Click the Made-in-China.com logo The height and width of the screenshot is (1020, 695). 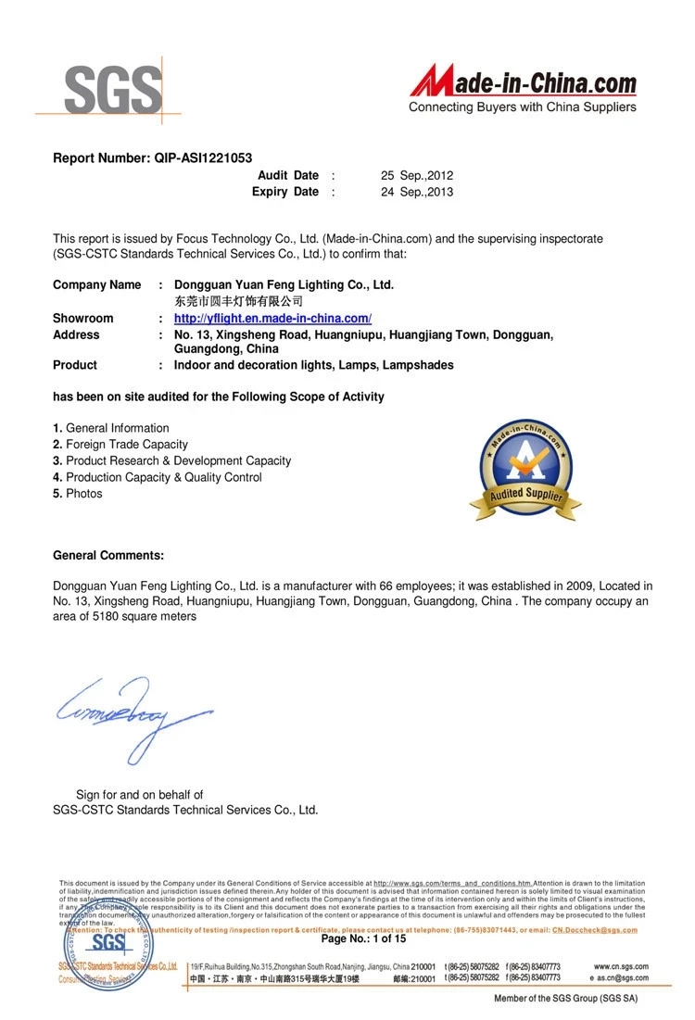pyautogui.click(x=524, y=82)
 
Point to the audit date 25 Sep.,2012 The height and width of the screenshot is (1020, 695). pyautogui.click(x=417, y=175)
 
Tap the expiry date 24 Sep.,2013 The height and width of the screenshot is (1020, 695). pyautogui.click(x=417, y=192)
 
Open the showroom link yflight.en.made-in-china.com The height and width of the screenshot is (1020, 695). pyautogui.click(x=272, y=318)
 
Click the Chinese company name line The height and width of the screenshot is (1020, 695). pyautogui.click(x=238, y=301)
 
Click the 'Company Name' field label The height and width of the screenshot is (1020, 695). pyautogui.click(x=96, y=284)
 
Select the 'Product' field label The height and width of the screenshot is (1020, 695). pyautogui.click(x=74, y=365)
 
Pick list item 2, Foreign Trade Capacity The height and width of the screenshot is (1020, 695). pyautogui.click(x=120, y=445)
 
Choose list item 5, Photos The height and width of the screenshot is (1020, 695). pyautogui.click(x=78, y=494)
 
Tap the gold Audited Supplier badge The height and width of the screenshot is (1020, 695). pyautogui.click(x=524, y=469)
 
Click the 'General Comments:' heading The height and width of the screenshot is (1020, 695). pyautogui.click(x=108, y=555)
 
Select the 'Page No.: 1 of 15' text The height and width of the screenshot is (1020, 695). pyautogui.click(x=363, y=938)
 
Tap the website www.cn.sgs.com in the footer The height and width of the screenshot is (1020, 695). pyautogui.click(x=621, y=966)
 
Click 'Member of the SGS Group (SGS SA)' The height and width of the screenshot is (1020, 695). pyautogui.click(x=565, y=998)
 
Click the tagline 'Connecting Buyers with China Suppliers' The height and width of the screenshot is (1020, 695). pyautogui.click(x=523, y=107)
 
